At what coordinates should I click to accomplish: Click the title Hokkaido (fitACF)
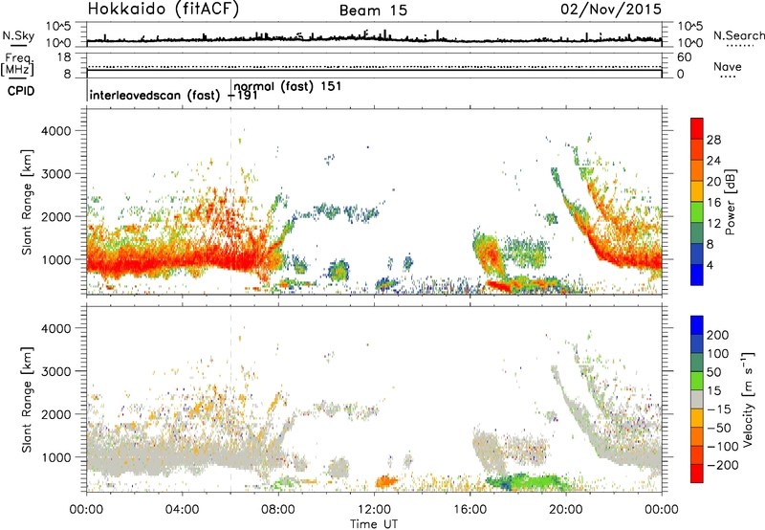pos(164,9)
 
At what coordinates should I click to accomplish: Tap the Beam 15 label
pos(373,11)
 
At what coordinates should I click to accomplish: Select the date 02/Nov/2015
pos(611,9)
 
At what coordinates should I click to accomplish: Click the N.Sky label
pos(18,35)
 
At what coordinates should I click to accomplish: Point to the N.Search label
pos(738,35)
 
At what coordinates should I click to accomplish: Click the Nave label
pos(728,66)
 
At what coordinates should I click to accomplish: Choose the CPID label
pos(21,91)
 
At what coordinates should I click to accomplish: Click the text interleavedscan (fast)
pos(155,95)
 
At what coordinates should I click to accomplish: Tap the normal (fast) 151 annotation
pos(288,86)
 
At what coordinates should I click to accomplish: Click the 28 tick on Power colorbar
pos(713,140)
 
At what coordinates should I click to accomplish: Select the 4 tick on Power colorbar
pos(710,266)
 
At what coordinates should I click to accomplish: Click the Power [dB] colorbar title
pos(730,202)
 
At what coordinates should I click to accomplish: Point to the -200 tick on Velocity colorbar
pos(722,465)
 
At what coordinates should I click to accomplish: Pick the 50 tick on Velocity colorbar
pos(713,372)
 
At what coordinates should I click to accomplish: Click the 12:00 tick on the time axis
pos(374,510)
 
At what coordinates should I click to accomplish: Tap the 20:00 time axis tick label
pos(566,510)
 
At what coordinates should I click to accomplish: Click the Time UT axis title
pos(374,523)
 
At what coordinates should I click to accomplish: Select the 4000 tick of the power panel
pos(56,131)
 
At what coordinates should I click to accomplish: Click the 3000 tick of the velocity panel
pos(56,371)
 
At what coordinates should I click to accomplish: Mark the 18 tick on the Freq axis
pos(64,57)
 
